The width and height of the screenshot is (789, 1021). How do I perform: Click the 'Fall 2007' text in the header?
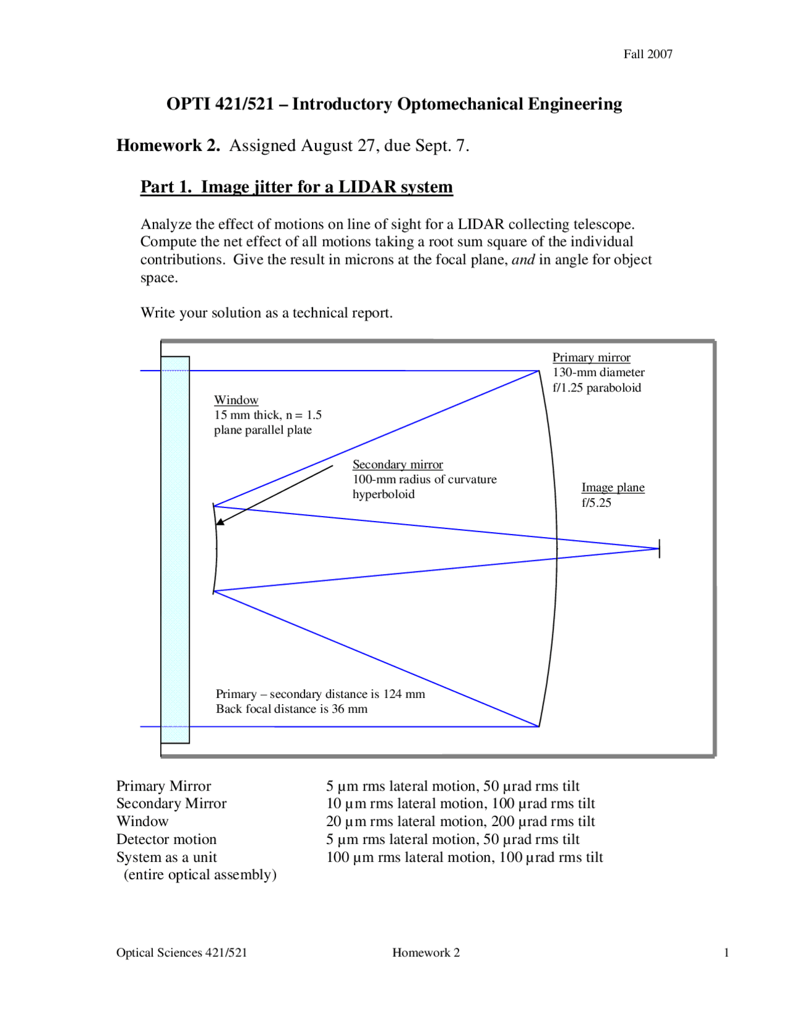click(647, 54)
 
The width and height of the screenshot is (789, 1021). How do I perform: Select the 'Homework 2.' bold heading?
click(168, 146)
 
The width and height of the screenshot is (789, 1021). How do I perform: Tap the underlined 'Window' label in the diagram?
click(236, 400)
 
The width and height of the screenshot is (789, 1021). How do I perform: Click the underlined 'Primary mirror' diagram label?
click(591, 358)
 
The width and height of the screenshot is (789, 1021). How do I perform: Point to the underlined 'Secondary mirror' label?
click(398, 464)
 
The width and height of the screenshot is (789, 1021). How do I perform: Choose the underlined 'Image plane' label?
click(613, 488)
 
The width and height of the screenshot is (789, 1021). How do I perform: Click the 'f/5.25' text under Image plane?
click(596, 502)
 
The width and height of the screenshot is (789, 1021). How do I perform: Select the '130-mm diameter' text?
click(598, 372)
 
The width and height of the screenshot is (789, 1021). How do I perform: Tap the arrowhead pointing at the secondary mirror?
click(220, 522)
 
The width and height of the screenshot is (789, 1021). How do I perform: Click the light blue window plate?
click(175, 549)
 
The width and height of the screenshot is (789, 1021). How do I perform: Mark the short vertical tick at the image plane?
click(659, 548)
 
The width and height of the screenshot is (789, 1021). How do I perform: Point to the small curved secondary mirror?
click(216, 549)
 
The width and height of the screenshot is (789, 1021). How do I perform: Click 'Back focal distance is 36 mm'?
click(292, 709)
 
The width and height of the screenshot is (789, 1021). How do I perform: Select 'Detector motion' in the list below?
click(166, 839)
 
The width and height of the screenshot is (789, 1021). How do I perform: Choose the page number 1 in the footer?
click(726, 953)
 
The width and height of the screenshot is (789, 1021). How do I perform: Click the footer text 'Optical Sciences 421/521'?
click(181, 953)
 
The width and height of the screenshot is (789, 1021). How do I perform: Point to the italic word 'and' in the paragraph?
click(523, 260)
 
